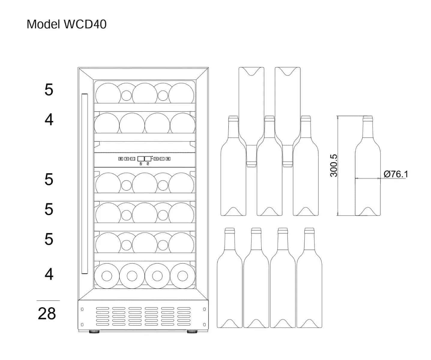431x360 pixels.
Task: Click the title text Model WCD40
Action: (66, 24)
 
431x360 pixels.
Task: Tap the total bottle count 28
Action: (47, 313)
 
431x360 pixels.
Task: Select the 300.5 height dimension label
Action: (334, 166)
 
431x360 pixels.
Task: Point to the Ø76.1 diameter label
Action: (396, 174)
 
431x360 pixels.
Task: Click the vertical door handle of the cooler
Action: (85, 184)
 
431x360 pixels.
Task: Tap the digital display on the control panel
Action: (144, 158)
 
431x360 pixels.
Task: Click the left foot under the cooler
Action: (95, 331)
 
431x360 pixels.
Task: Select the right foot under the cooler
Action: (192, 331)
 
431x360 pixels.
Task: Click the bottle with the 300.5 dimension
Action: (367, 174)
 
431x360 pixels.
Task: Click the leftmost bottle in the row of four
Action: (230, 285)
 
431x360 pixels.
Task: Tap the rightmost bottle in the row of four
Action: (309, 285)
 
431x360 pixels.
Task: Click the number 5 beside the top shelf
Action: (49, 90)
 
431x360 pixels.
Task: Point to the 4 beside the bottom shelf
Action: (49, 274)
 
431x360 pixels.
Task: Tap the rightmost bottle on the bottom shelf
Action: (182, 275)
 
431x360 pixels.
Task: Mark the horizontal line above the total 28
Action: (48, 300)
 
